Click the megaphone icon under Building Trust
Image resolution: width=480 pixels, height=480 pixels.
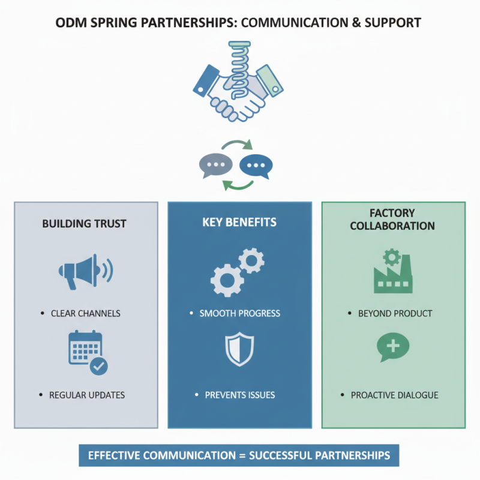[x=86, y=272]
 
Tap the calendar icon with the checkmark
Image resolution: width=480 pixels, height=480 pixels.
[x=88, y=353]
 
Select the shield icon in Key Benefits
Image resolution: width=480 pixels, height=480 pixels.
[x=239, y=349]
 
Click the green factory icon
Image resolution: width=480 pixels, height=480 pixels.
[x=393, y=272]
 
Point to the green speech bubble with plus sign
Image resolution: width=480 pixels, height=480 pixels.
[x=393, y=347]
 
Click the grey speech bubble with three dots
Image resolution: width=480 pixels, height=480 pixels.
[x=216, y=166]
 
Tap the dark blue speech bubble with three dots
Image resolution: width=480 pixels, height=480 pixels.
[x=256, y=166]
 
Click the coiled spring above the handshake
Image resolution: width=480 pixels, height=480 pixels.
[x=239, y=70]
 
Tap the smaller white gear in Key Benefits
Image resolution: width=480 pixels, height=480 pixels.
[x=251, y=260]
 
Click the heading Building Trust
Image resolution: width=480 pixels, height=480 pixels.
[x=84, y=224]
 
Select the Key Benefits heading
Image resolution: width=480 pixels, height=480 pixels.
[x=239, y=222]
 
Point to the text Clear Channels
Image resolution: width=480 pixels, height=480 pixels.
[x=85, y=313]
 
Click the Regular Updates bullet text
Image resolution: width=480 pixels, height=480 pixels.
[x=87, y=395]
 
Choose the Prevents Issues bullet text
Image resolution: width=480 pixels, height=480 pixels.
[x=240, y=395]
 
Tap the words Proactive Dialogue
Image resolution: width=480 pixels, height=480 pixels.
[x=395, y=395]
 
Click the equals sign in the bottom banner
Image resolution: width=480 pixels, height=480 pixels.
[x=242, y=456]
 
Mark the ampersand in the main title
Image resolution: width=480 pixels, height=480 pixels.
[x=356, y=23]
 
